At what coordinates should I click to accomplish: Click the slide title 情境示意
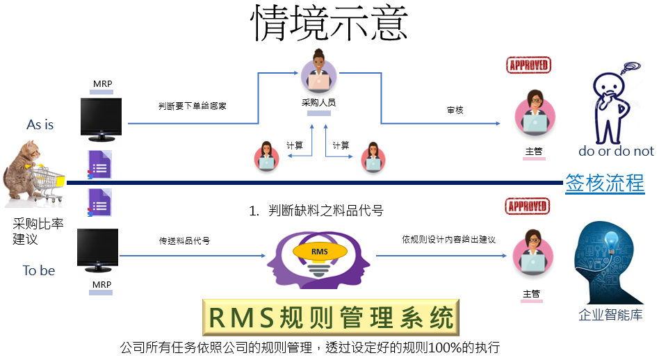(329, 23)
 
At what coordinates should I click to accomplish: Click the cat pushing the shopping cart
(33, 174)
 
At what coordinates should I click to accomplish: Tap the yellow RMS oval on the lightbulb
(320, 251)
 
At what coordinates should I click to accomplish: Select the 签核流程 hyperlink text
(605, 183)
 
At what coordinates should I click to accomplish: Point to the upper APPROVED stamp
(528, 65)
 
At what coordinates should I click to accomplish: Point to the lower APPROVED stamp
(528, 206)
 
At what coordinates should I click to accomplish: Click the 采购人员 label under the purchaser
(318, 102)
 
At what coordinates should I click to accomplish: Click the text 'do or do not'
(616, 151)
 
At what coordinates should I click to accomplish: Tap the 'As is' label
(40, 125)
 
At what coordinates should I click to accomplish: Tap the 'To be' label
(39, 270)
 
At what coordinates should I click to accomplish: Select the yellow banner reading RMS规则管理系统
(331, 317)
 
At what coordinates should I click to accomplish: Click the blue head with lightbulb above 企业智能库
(608, 263)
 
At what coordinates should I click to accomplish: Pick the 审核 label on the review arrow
(455, 110)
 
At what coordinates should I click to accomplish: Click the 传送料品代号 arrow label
(184, 240)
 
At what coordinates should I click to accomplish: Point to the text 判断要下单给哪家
(193, 106)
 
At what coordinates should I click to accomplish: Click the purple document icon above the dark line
(99, 165)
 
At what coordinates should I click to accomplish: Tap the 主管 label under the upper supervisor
(534, 152)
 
